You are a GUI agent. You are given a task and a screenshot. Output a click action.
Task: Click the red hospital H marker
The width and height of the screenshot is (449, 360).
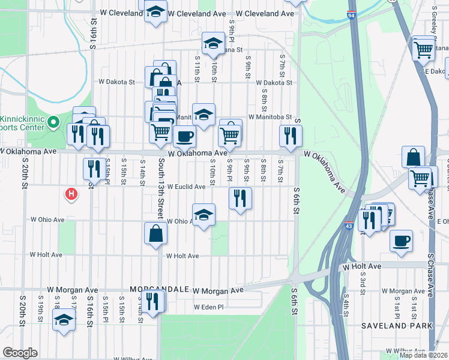(71, 194)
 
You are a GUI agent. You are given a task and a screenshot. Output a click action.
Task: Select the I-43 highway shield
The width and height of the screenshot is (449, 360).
(349, 226)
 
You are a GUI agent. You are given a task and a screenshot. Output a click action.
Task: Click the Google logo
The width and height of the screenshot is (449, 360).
(20, 353)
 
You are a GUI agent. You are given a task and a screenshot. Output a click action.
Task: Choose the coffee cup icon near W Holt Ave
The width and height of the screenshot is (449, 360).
(401, 241)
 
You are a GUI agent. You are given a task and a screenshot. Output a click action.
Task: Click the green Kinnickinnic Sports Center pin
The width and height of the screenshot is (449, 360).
(53, 122)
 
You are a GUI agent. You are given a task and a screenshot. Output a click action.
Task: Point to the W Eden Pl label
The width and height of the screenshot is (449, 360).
(208, 307)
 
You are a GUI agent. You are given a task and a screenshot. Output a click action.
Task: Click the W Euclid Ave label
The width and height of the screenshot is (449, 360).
(186, 187)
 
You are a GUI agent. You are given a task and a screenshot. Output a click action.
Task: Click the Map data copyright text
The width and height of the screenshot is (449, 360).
(423, 355)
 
